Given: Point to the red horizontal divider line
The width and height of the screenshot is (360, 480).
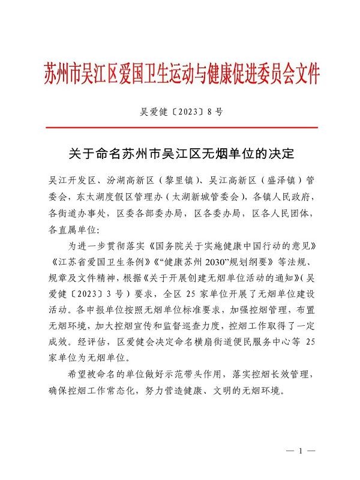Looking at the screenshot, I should coord(180,128).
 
